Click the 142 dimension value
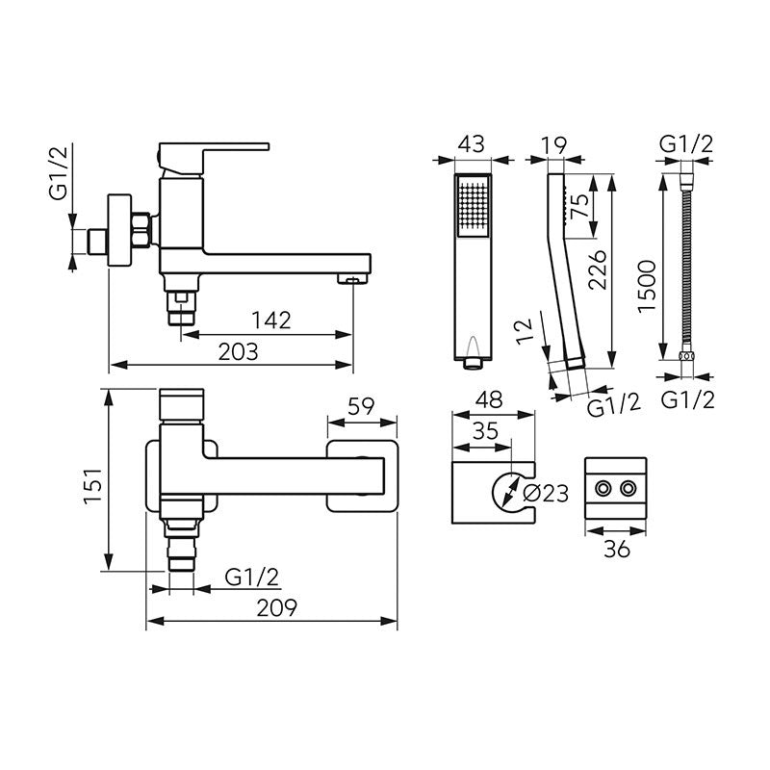[271, 321]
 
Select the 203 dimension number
[238, 351]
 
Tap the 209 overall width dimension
[277, 608]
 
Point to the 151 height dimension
[92, 486]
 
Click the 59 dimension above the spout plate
[361, 406]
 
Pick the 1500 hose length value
[647, 286]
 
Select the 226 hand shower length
[597, 269]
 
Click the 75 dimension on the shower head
[579, 206]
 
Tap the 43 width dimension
[472, 143]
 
